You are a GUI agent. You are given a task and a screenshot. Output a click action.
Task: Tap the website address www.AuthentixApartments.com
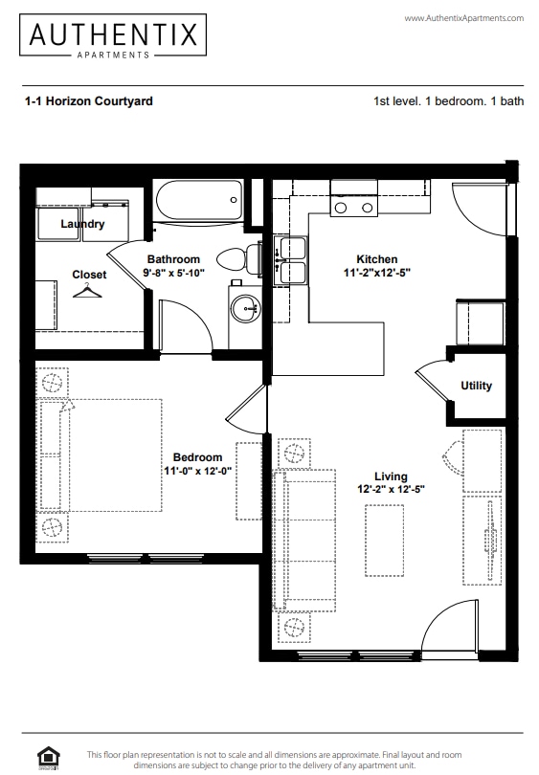point(464,19)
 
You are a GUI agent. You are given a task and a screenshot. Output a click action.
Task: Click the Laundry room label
point(82,224)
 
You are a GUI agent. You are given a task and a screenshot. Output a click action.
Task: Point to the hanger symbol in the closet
point(90,290)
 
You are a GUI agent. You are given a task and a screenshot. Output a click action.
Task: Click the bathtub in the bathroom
point(198,202)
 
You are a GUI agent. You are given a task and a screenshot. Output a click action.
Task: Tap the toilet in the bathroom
point(239,258)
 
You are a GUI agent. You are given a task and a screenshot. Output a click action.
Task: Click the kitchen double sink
point(291,260)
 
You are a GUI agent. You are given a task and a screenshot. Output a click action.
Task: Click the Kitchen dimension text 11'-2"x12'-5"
point(376,273)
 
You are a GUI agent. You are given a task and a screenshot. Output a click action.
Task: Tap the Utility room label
point(476,386)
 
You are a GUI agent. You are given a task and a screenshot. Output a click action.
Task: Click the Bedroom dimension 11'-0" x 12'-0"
point(199,471)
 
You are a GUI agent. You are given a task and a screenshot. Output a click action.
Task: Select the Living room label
point(391,476)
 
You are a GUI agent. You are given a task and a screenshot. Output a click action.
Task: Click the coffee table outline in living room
point(384,540)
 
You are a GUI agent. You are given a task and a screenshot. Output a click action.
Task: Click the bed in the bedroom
point(101,454)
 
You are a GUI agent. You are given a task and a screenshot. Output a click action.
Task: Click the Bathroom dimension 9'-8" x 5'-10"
point(173,273)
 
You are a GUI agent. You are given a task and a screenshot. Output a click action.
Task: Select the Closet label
point(90,275)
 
